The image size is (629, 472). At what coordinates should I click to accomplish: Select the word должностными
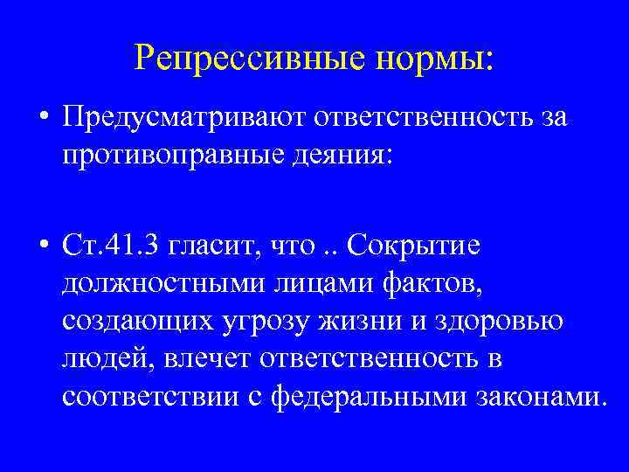(154, 285)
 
